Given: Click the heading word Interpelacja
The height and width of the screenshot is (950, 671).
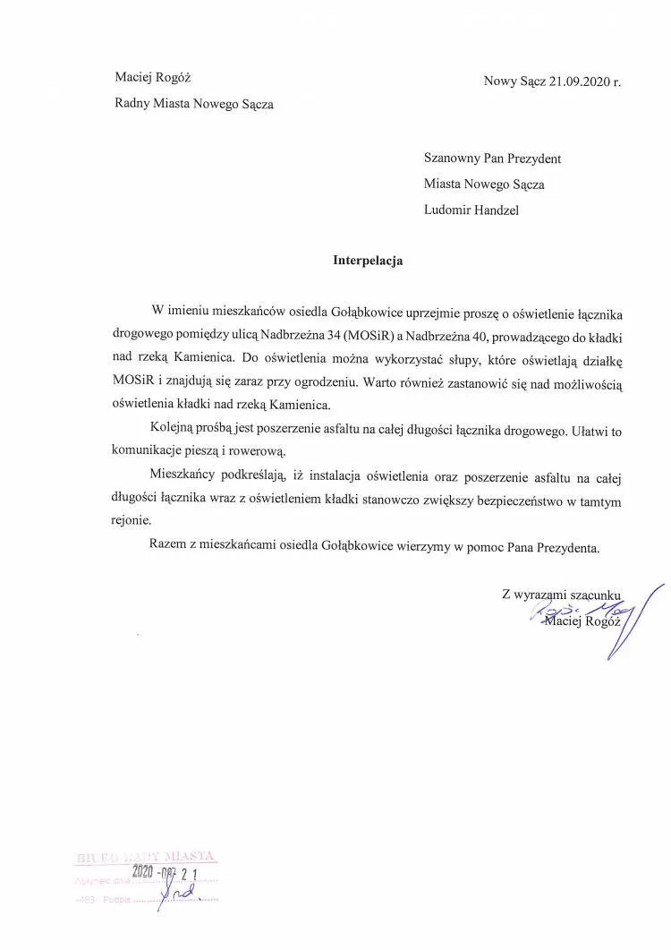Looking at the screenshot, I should pyautogui.click(x=368, y=261).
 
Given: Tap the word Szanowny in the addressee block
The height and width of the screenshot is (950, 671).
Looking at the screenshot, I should pyautogui.click(x=454, y=158).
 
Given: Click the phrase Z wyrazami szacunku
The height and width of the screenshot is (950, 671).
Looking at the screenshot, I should pyautogui.click(x=561, y=593).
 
